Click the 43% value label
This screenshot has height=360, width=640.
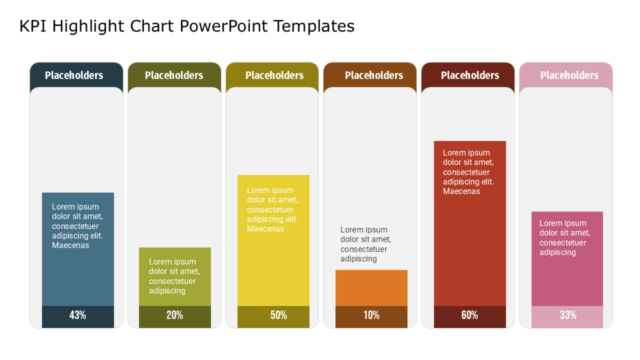(x=78, y=315)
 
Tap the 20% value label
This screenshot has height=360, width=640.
(x=174, y=315)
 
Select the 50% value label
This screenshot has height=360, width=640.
(x=278, y=315)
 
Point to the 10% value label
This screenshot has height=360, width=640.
(x=371, y=315)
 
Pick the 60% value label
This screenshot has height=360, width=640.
(x=469, y=315)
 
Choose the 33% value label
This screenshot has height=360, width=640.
(x=568, y=315)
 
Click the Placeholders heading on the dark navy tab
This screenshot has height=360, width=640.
(x=74, y=75)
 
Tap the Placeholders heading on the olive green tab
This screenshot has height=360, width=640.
(x=174, y=75)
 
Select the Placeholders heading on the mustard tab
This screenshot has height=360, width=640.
(x=275, y=75)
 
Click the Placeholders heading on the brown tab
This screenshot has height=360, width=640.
(x=374, y=75)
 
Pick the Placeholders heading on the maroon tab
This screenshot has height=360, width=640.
(x=470, y=75)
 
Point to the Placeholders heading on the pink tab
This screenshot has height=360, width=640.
(x=570, y=75)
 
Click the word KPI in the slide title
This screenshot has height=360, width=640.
(x=33, y=26)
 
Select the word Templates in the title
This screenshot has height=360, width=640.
(x=314, y=26)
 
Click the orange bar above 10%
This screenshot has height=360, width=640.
(x=371, y=288)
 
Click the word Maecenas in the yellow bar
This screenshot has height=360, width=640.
(x=266, y=229)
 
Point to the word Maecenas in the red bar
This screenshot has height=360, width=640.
(x=461, y=191)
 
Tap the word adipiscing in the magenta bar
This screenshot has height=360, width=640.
(x=557, y=253)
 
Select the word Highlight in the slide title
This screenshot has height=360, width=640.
(x=88, y=27)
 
